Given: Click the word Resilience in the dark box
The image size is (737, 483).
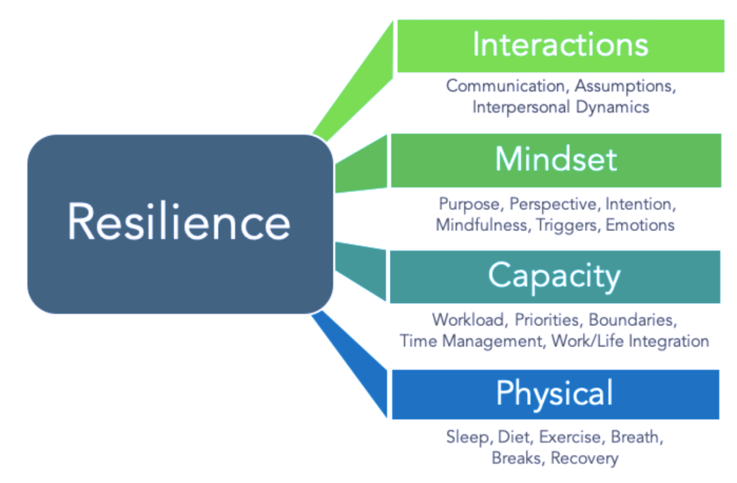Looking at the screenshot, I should click(179, 223).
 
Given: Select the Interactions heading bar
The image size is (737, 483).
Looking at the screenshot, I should click(560, 46).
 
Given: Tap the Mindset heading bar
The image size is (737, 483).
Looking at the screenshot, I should click(556, 160).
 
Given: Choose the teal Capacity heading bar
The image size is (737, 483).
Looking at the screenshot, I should click(554, 276).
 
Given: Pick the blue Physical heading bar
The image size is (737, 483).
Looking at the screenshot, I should click(554, 394).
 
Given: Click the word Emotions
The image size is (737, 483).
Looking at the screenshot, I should click(640, 225).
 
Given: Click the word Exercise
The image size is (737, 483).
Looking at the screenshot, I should click(570, 437).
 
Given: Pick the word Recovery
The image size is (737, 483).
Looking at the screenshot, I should click(584, 458).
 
